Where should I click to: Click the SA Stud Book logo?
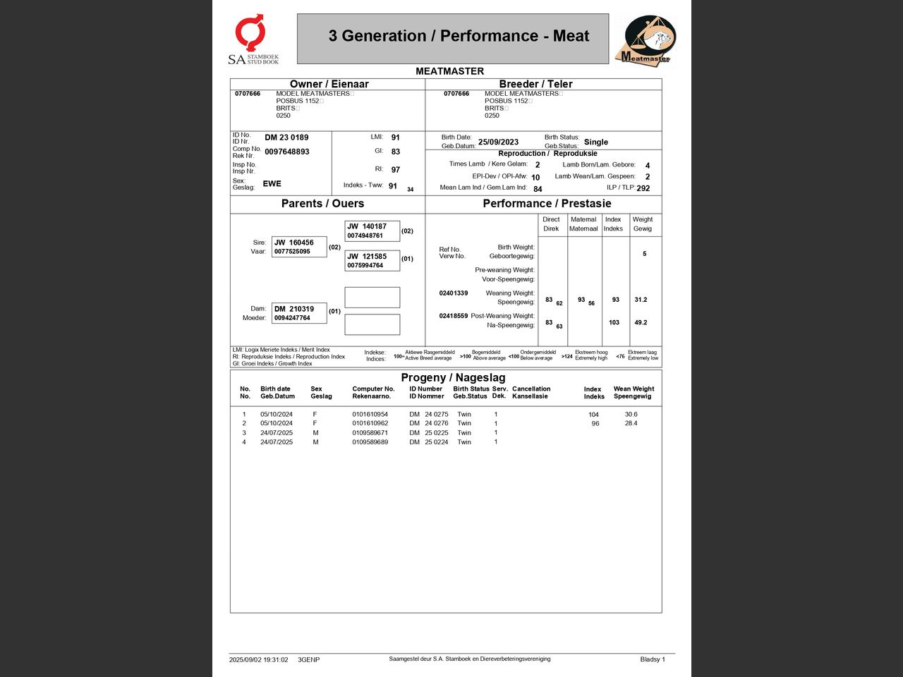pos(253,40)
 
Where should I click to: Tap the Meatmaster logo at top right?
pos(647,40)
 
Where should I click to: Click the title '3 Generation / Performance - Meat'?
pos(459,36)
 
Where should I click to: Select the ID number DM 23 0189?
pos(286,138)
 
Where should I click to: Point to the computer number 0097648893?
pos(286,152)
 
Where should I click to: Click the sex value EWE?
pos(272,183)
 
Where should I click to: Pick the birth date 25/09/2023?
pos(498,142)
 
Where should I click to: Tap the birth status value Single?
pos(595,142)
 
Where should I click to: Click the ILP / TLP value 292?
pos(643,188)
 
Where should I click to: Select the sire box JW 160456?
pos(299,247)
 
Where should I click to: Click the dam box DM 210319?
pos(299,313)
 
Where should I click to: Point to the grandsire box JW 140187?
pos(372,231)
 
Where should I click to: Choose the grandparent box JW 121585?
pos(372,260)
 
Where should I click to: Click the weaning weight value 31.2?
pos(641,300)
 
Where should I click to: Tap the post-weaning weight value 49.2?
pos(641,322)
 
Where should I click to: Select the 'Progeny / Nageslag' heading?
pos(453,377)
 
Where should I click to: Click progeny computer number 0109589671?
pos(370,433)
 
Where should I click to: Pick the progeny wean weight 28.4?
pos(631,423)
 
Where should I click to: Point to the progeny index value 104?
pos(593,415)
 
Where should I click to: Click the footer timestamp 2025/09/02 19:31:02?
pos(258,660)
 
